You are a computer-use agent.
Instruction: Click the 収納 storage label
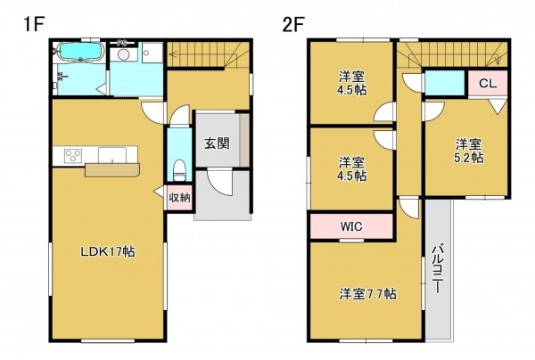point(178,198)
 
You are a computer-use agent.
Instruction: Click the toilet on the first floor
point(177,167)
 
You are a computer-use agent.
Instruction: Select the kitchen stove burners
point(70,158)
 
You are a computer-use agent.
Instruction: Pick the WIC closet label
point(350,226)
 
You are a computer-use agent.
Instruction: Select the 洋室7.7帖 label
point(366,292)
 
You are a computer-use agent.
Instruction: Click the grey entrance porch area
point(222,196)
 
